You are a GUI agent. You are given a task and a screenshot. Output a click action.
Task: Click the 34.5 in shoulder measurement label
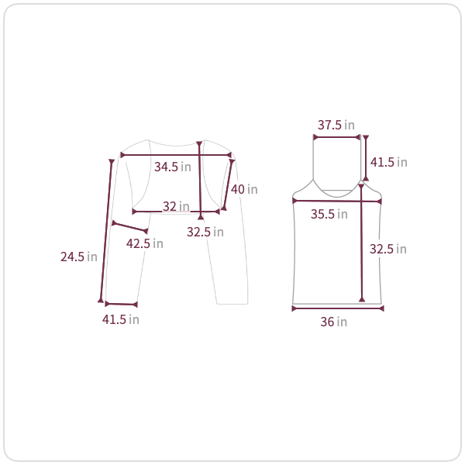(x=173, y=167)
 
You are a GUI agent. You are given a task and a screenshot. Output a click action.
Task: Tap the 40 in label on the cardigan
(x=244, y=189)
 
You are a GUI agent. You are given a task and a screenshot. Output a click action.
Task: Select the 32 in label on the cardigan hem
(x=176, y=206)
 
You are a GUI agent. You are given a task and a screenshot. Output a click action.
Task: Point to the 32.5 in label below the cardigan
(x=205, y=232)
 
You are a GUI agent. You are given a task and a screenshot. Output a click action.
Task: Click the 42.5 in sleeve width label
(x=145, y=244)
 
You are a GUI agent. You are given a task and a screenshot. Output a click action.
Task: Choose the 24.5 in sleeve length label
(x=79, y=257)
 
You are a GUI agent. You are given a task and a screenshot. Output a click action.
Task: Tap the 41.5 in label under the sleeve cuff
(x=121, y=319)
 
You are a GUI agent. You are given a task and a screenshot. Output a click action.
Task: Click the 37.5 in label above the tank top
(x=336, y=125)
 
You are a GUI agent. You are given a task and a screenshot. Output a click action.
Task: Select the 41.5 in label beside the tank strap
(x=389, y=162)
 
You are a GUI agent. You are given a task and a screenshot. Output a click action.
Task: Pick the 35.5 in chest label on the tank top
(x=329, y=214)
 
